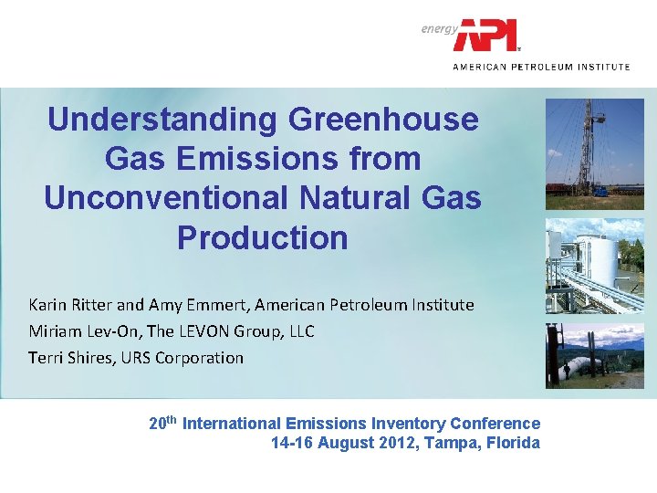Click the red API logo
[487, 36]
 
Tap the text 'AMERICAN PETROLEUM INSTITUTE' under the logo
[541, 67]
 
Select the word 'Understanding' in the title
[162, 120]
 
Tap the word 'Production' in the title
[262, 237]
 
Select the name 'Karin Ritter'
[70, 304]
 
